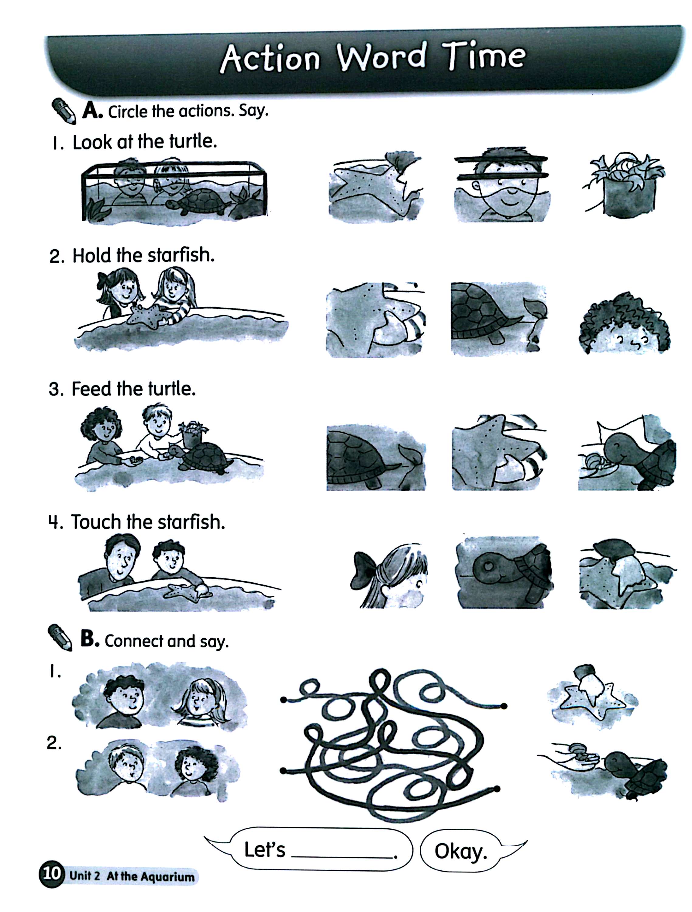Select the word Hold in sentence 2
click(92, 256)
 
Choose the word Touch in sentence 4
click(96, 522)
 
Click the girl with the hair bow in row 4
click(390, 575)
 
